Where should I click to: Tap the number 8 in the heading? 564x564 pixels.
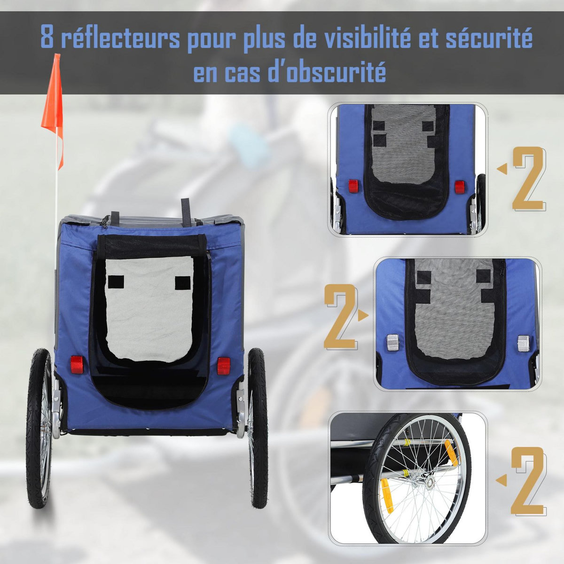click(x=47, y=38)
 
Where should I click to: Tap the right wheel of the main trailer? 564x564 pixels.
click(x=258, y=428)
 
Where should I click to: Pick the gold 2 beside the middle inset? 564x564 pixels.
click(x=339, y=315)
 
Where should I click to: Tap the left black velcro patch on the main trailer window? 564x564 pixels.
click(x=114, y=282)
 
